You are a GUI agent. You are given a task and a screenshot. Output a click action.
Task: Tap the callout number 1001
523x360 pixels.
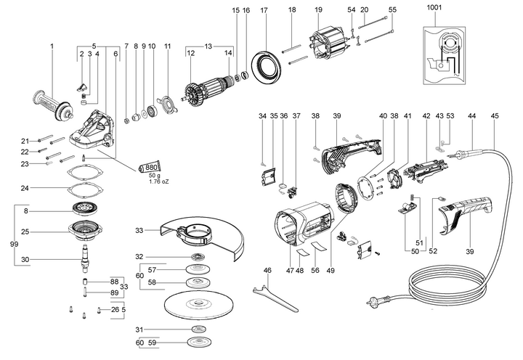(x=434, y=7)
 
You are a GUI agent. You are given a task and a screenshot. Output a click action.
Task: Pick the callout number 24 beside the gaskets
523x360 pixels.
(x=25, y=188)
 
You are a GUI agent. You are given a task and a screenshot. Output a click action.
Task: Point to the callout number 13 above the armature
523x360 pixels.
(x=208, y=46)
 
